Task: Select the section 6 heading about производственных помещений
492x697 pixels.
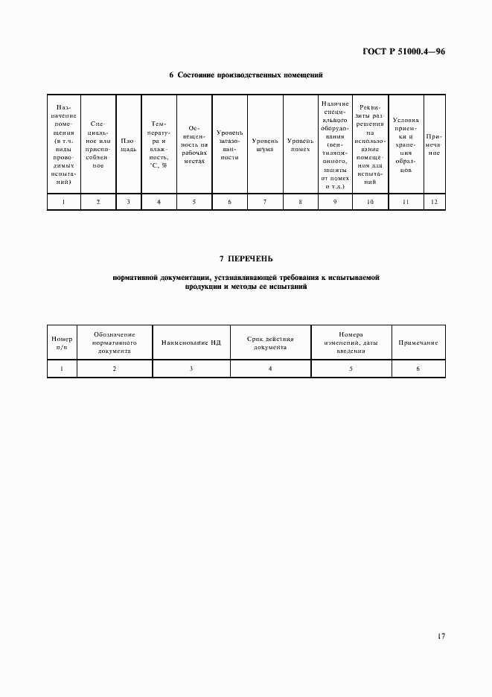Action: (246, 75)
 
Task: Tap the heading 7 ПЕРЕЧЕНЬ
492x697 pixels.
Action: (246, 258)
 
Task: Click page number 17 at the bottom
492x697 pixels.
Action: (441, 636)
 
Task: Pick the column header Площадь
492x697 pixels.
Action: (128, 144)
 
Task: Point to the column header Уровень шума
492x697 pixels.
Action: (265, 144)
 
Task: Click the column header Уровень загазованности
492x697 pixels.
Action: (229, 144)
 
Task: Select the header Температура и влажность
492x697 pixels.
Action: (159, 143)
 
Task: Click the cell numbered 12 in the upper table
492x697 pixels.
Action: (434, 202)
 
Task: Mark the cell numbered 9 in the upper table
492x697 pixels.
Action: (335, 202)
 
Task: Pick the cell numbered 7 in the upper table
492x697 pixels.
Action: (265, 202)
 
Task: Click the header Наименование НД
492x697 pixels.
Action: (191, 343)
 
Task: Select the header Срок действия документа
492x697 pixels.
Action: (270, 343)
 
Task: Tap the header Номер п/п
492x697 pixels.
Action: (62, 343)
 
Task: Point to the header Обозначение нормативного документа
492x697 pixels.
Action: (114, 343)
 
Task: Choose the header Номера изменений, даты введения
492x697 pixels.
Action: (350, 343)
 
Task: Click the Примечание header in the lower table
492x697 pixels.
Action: (418, 343)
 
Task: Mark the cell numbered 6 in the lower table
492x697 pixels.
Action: (418, 369)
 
